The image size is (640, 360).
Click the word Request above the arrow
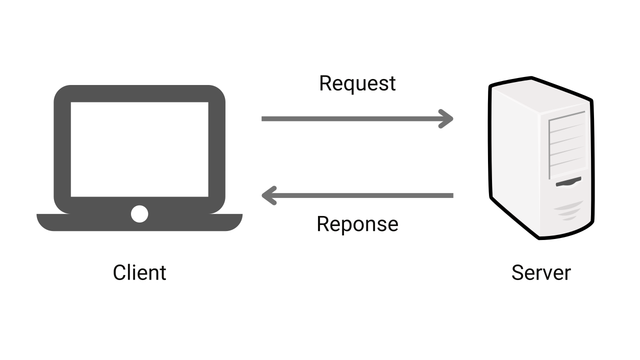tap(357, 83)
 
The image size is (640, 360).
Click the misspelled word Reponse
tap(357, 224)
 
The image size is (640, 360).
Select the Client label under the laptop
tap(139, 272)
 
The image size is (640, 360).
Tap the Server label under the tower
tap(540, 272)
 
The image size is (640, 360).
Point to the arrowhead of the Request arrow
tap(446, 118)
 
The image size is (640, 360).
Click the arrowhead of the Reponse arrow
tap(268, 195)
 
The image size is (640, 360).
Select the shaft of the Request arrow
tap(350, 118)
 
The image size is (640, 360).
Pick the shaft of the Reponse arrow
tap(365, 195)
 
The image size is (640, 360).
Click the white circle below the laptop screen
tap(139, 214)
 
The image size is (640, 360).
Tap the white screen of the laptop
tap(139, 149)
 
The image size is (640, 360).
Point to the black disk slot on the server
tap(568, 181)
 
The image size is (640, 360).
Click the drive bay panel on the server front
tap(566, 145)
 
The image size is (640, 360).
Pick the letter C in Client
tap(119, 272)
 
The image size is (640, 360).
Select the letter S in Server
tap(517, 272)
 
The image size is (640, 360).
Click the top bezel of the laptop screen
tap(139, 93)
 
